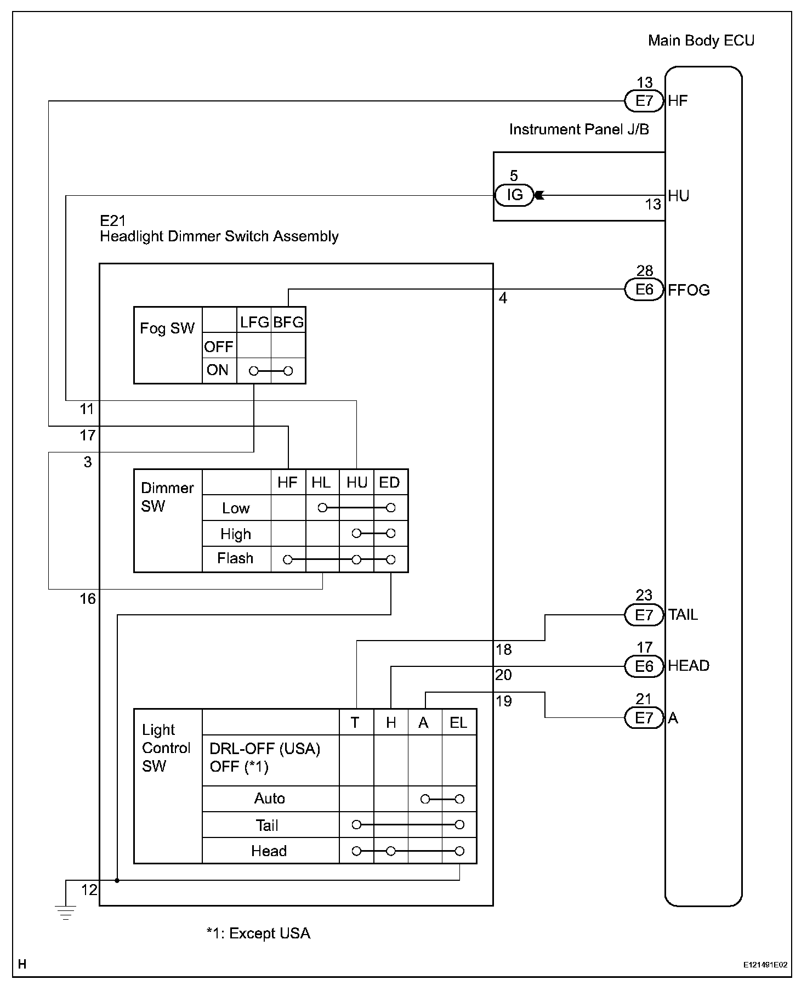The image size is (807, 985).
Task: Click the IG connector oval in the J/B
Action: click(x=514, y=195)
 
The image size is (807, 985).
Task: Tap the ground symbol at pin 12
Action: click(x=65, y=913)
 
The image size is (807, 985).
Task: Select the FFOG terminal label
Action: click(x=689, y=290)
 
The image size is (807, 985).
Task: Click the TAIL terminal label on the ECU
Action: click(x=683, y=615)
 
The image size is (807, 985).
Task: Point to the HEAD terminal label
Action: click(x=689, y=666)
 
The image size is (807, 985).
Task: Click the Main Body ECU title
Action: click(x=701, y=41)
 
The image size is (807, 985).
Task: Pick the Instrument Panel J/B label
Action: click(x=579, y=129)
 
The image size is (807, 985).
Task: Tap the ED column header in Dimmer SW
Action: click(x=390, y=483)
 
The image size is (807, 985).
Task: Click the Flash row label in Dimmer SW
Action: click(x=235, y=558)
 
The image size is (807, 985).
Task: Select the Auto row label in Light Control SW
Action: click(x=269, y=798)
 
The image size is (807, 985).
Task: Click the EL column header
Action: click(x=458, y=723)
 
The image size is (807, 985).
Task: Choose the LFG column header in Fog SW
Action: click(x=254, y=322)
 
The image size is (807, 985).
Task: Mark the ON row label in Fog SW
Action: click(x=218, y=370)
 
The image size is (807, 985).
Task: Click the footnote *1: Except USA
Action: click(x=258, y=933)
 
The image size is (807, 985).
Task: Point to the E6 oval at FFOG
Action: click(x=644, y=290)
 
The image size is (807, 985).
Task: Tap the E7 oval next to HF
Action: click(x=644, y=101)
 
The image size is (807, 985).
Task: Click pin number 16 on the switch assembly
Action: click(x=88, y=599)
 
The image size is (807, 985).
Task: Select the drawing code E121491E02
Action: click(x=765, y=965)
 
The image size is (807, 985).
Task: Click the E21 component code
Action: click(x=113, y=221)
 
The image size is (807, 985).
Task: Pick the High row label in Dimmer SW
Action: click(x=236, y=534)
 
